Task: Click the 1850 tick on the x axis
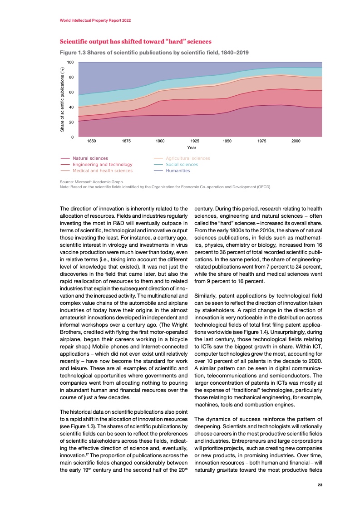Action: point(91,142)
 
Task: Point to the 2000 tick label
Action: point(296,142)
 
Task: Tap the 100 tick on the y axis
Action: point(71,62)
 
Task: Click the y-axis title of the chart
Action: point(63,99)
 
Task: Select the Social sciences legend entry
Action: point(182,165)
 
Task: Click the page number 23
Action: point(320,485)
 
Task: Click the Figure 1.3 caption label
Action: point(154,52)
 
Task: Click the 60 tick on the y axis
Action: point(72,92)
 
